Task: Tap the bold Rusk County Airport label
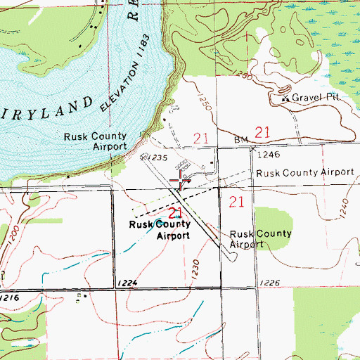pyautogui.click(x=159, y=230)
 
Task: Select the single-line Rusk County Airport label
pyautogui.click(x=304, y=172)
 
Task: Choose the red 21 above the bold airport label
pyautogui.click(x=175, y=212)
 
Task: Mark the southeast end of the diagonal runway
pyautogui.click(x=233, y=256)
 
